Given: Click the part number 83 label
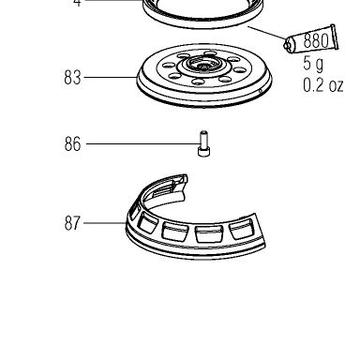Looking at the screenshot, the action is pos(72,77).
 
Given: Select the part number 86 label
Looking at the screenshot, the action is pos(72,144).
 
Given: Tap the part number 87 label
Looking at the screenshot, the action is pos(72,223).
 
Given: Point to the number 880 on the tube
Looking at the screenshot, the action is pos(316,40).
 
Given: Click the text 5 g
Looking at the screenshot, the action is pos(313,64).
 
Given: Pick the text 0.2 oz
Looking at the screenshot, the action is pos(323,85).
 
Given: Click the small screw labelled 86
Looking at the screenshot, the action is pos(203,143).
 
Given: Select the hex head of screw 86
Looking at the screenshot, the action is pos(203,152).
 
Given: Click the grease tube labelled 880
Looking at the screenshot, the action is pos(311,39).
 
